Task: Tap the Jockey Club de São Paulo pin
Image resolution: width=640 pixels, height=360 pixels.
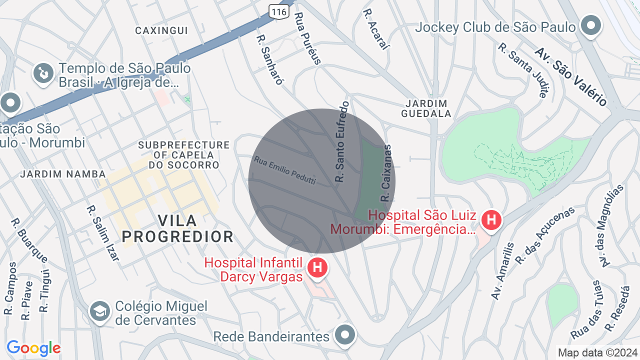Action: pyautogui.click(x=591, y=25)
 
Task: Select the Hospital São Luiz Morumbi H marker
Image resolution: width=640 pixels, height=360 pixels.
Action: pyautogui.click(x=491, y=219)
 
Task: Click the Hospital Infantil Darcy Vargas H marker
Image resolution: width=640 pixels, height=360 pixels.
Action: pyautogui.click(x=317, y=267)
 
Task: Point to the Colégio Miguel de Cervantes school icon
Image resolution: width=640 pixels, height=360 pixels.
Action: pyautogui.click(x=100, y=311)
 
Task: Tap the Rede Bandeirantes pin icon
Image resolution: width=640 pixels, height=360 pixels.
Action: pyautogui.click(x=345, y=334)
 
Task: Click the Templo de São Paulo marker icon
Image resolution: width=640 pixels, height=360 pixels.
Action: pyautogui.click(x=43, y=73)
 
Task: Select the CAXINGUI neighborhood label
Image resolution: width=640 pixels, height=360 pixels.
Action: pyautogui.click(x=161, y=30)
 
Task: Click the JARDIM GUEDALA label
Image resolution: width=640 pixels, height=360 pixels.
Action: pyautogui.click(x=426, y=108)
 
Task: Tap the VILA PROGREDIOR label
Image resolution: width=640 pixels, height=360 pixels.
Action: pyautogui.click(x=177, y=228)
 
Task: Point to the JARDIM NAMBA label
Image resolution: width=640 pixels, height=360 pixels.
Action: pyautogui.click(x=63, y=174)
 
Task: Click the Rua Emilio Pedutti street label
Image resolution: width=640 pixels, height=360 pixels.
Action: pyautogui.click(x=285, y=170)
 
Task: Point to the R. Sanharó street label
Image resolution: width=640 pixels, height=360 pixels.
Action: pyautogui.click(x=270, y=59)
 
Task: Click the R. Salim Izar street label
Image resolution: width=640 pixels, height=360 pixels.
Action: pyautogui.click(x=103, y=233)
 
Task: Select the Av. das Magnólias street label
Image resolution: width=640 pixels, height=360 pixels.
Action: pyautogui.click(x=613, y=225)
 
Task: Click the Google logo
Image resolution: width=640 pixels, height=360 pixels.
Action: pyautogui.click(x=33, y=348)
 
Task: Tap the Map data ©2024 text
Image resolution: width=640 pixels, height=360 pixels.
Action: pyautogui.click(x=597, y=352)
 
